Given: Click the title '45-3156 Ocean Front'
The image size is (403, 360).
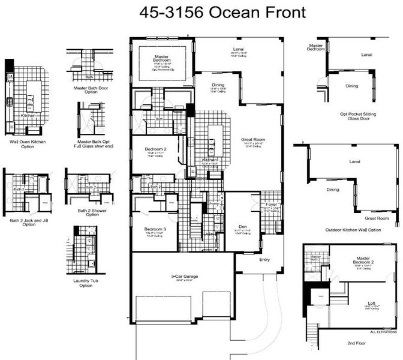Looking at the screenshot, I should [222, 12].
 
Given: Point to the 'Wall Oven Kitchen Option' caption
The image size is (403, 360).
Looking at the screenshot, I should [27, 145].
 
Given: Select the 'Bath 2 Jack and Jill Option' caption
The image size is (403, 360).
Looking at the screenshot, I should [26, 223].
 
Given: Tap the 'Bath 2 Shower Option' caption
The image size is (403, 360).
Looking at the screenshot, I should [88, 213].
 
